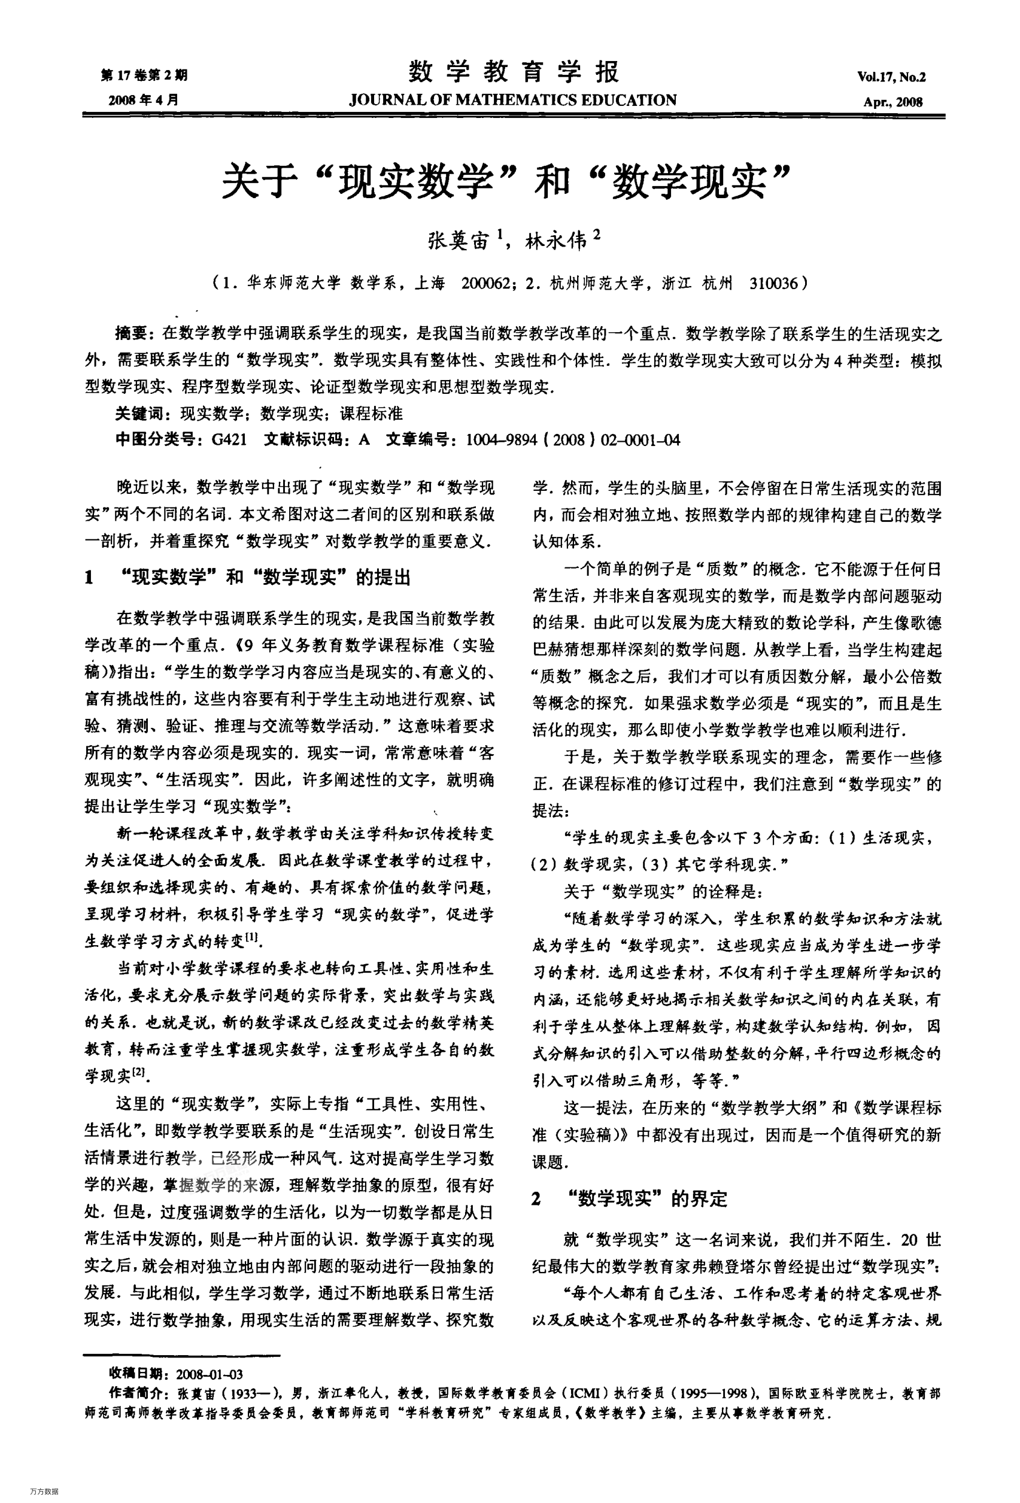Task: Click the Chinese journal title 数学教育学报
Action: (x=514, y=72)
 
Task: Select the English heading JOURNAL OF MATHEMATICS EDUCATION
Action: (x=512, y=100)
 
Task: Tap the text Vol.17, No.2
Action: (x=891, y=78)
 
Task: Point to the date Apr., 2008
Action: (x=892, y=102)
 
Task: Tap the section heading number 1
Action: (x=89, y=578)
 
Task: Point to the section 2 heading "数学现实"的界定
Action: (x=652, y=1200)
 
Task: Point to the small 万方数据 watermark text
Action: (x=44, y=1490)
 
